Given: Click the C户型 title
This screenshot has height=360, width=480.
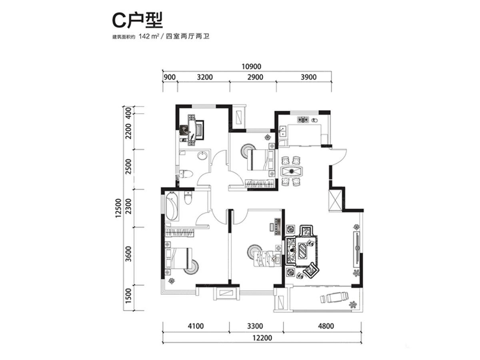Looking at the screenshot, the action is click(x=137, y=21).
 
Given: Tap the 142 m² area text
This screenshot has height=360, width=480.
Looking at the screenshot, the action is click(x=148, y=36).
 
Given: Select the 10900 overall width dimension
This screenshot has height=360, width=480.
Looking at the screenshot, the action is click(x=251, y=66).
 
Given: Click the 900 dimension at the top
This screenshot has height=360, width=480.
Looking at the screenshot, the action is click(x=170, y=77).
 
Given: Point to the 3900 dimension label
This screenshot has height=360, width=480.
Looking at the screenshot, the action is click(x=308, y=77).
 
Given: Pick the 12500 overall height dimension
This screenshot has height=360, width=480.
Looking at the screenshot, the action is click(x=118, y=208).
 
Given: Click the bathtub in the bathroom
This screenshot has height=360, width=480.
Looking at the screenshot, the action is click(x=172, y=206).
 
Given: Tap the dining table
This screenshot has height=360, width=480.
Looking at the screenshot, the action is click(x=292, y=171).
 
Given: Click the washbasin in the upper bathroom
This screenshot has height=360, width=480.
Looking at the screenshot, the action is click(x=202, y=156).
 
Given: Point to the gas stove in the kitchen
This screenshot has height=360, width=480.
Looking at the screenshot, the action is click(x=303, y=120).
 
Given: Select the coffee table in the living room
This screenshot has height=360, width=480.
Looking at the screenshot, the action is click(x=303, y=250).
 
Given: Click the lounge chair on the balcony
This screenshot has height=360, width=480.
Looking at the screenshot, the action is click(x=334, y=297).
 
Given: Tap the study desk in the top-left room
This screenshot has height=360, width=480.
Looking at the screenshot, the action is click(x=192, y=130).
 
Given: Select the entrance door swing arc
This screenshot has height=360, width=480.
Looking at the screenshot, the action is click(x=338, y=157).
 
